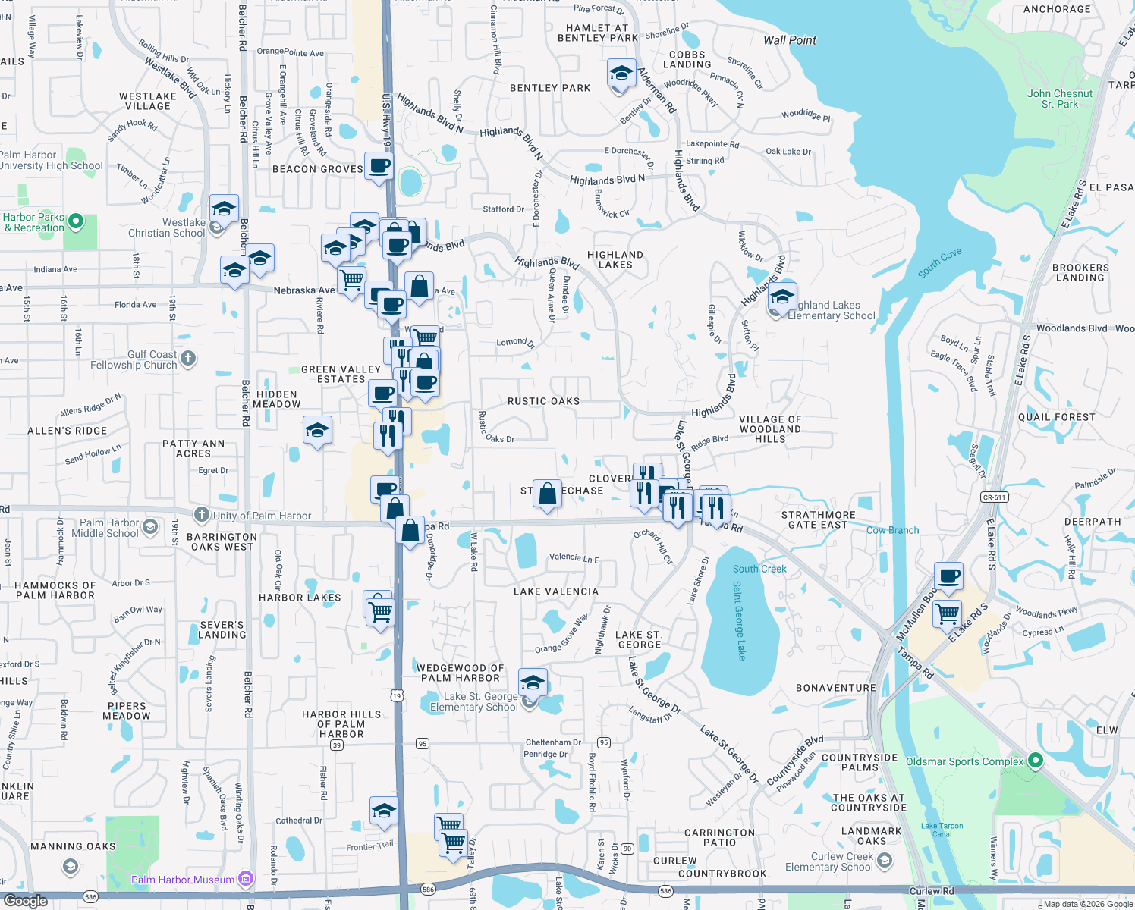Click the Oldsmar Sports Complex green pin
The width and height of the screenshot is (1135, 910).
(x=1036, y=761)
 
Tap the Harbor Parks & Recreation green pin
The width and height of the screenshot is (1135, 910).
(x=75, y=221)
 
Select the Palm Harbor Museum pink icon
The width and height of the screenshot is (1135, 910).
(x=245, y=880)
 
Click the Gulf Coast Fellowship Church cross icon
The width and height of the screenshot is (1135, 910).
(x=188, y=358)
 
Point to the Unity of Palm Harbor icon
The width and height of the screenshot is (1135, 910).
(x=201, y=515)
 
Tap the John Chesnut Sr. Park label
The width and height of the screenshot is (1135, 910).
(x=1060, y=99)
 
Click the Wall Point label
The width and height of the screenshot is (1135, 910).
(x=790, y=40)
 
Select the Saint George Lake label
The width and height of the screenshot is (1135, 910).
(x=740, y=620)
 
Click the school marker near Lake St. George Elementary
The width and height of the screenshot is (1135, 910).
(x=533, y=682)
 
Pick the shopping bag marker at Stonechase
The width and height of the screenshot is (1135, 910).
(x=547, y=494)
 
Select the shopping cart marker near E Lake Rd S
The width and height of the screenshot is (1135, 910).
(x=948, y=613)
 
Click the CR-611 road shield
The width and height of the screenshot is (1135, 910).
(x=994, y=497)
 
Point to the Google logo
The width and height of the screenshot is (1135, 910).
(x=25, y=901)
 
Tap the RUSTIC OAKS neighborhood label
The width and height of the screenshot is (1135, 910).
(x=543, y=401)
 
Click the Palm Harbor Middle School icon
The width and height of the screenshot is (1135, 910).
(x=150, y=526)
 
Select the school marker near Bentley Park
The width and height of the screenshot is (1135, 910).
(x=621, y=74)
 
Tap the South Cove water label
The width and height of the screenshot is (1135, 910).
(x=939, y=263)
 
